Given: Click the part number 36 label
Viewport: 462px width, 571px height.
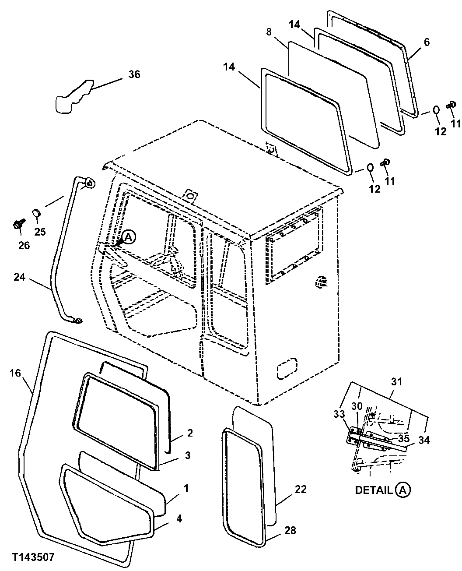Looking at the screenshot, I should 134,74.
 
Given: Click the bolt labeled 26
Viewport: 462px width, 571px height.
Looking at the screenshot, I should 18,225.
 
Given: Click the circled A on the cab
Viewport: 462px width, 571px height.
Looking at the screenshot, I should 128,237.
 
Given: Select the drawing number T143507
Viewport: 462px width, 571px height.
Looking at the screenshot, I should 33,557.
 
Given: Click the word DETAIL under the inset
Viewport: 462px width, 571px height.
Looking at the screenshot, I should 373,490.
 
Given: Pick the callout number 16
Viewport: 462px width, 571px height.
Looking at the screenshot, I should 14,373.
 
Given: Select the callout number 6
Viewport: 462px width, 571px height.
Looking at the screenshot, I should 427,42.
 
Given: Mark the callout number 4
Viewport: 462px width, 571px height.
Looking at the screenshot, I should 179,519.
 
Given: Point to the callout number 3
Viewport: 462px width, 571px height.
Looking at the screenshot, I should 187,455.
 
